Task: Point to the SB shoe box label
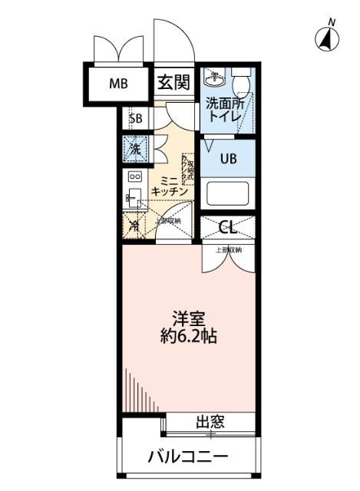136,119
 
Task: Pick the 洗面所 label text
224,101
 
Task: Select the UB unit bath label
229,159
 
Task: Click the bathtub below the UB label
228,192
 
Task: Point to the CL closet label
227,227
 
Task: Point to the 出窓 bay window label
210,421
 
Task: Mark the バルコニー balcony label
187,456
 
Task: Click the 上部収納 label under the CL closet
228,250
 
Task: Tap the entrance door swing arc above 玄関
170,42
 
